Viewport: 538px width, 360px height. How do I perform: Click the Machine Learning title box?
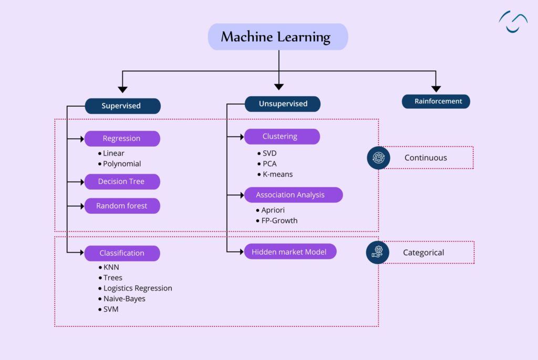tap(277, 37)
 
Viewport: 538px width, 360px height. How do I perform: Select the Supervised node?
tap(122, 106)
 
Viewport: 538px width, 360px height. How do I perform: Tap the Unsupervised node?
tap(283, 104)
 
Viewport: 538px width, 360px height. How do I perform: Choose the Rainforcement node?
tap(436, 101)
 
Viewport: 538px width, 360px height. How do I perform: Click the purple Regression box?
tap(122, 139)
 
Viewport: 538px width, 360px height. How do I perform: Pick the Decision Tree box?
tap(122, 181)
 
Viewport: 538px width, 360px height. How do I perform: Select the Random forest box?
tap(122, 206)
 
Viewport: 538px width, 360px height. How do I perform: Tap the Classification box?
tap(122, 253)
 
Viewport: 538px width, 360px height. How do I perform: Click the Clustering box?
tap(281, 137)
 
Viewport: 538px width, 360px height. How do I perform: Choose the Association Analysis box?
tap(293, 195)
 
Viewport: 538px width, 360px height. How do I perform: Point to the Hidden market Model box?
tap(289, 252)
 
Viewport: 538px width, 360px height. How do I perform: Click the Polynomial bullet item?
tap(121, 163)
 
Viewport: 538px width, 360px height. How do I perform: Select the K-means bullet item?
tap(277, 174)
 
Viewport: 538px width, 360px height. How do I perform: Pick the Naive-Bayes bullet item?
tap(124, 299)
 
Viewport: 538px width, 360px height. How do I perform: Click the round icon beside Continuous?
tap(378, 158)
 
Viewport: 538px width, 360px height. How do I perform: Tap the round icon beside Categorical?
tap(378, 252)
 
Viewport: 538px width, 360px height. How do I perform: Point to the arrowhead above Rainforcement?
tap(436, 88)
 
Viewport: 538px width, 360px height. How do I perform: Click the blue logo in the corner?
tap(513, 22)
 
